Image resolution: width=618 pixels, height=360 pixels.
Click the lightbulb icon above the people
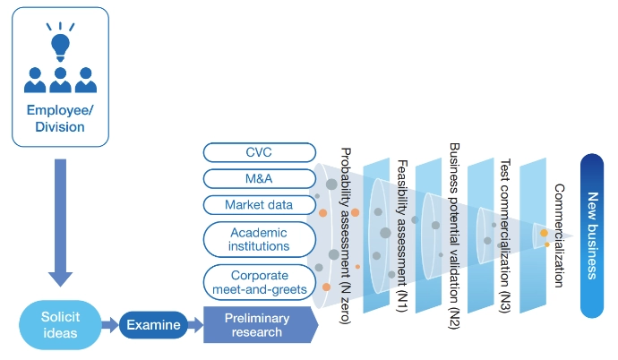coord(60,42)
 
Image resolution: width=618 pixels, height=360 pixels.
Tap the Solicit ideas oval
coord(59,326)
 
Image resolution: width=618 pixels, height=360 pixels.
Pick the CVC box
coord(259,152)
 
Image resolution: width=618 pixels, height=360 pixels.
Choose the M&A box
coord(259,178)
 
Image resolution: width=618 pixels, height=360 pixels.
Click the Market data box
coord(259,205)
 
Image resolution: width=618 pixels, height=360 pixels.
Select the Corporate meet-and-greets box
coord(259,282)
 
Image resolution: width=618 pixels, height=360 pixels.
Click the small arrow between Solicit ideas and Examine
coord(109,325)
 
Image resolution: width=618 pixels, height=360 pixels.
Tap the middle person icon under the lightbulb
coord(60,80)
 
